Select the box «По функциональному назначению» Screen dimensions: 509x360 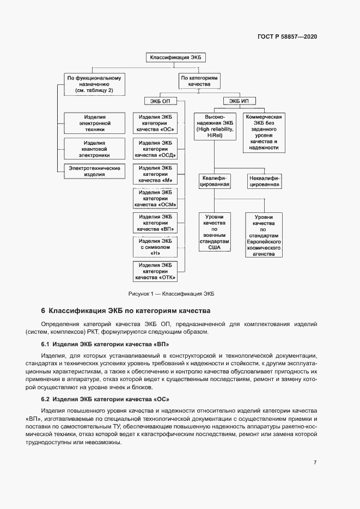tap(94, 84)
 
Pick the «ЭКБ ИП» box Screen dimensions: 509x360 tap(239, 101)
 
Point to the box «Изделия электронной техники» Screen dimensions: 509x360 tap(95, 124)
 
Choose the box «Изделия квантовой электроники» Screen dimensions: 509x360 tap(95, 149)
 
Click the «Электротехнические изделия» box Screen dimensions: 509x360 tap(95, 171)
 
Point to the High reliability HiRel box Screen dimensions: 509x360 tap(215, 127)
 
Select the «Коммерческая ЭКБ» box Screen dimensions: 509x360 tap(264, 132)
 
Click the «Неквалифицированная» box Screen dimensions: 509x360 tap(264, 181)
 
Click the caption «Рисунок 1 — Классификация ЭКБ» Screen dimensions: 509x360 tap(172, 293)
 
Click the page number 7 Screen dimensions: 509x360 tap(315, 463)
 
